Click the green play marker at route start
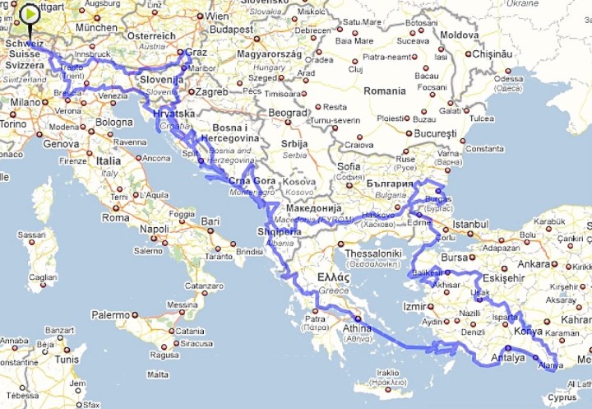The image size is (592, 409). pos(30,15)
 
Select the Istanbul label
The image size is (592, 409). pos(470,224)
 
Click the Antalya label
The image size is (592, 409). pos(507,357)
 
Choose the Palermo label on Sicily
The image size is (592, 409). pos(110,314)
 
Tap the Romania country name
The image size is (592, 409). pos(384,91)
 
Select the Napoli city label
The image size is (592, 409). pos(154,229)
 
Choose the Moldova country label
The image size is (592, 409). pos(459,35)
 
